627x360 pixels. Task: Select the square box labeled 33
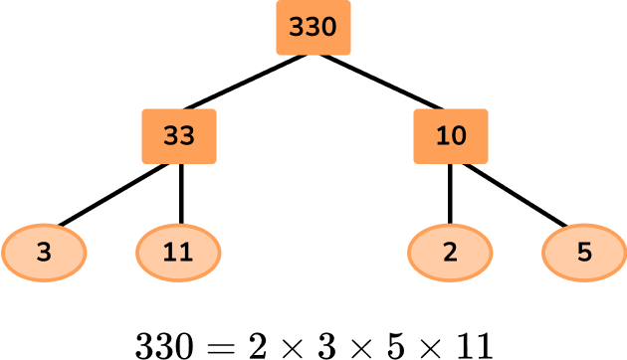(x=179, y=136)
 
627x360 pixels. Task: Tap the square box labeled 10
(x=451, y=136)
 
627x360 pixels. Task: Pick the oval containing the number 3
(x=43, y=252)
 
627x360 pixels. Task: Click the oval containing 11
(x=178, y=252)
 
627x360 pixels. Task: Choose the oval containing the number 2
(x=450, y=252)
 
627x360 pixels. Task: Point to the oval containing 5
(x=583, y=252)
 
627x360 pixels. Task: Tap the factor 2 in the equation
(x=257, y=344)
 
